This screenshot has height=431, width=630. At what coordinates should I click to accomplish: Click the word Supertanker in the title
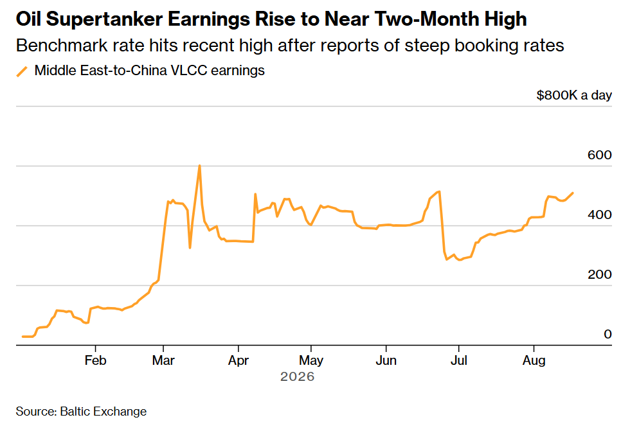coord(104,19)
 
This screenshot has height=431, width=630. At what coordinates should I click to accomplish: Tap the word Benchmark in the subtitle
coord(62,46)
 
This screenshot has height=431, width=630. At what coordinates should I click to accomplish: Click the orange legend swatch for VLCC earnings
coord(22,71)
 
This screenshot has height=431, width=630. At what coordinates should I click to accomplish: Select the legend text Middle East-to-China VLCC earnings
coord(149,70)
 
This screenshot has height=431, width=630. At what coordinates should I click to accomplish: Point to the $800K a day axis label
coord(574,95)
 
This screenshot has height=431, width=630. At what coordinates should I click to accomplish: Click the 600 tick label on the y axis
coord(599,155)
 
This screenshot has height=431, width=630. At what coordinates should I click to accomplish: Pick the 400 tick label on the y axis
coord(599,215)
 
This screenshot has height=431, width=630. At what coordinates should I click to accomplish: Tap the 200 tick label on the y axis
coord(599,274)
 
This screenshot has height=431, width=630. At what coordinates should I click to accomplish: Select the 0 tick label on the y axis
coord(607,334)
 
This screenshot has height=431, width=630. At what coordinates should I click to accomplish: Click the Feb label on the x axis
coord(96,360)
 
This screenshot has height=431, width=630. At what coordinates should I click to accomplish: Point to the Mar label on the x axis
coord(163,360)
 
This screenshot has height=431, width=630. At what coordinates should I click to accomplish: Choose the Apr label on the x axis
coord(239,361)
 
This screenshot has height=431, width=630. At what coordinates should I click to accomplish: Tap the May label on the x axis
coord(311,361)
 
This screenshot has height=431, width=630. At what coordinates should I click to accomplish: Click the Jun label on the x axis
coord(386,360)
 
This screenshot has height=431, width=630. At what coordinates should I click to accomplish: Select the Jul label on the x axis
coord(459,360)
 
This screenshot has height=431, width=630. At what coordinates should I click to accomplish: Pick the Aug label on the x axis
coord(534,361)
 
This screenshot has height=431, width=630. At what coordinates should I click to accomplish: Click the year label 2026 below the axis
coord(297,376)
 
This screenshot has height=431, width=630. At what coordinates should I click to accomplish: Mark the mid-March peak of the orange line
coord(200,165)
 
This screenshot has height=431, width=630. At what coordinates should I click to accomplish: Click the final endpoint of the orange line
coord(573,193)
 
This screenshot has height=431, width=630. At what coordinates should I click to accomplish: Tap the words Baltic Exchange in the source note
coord(104,412)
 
